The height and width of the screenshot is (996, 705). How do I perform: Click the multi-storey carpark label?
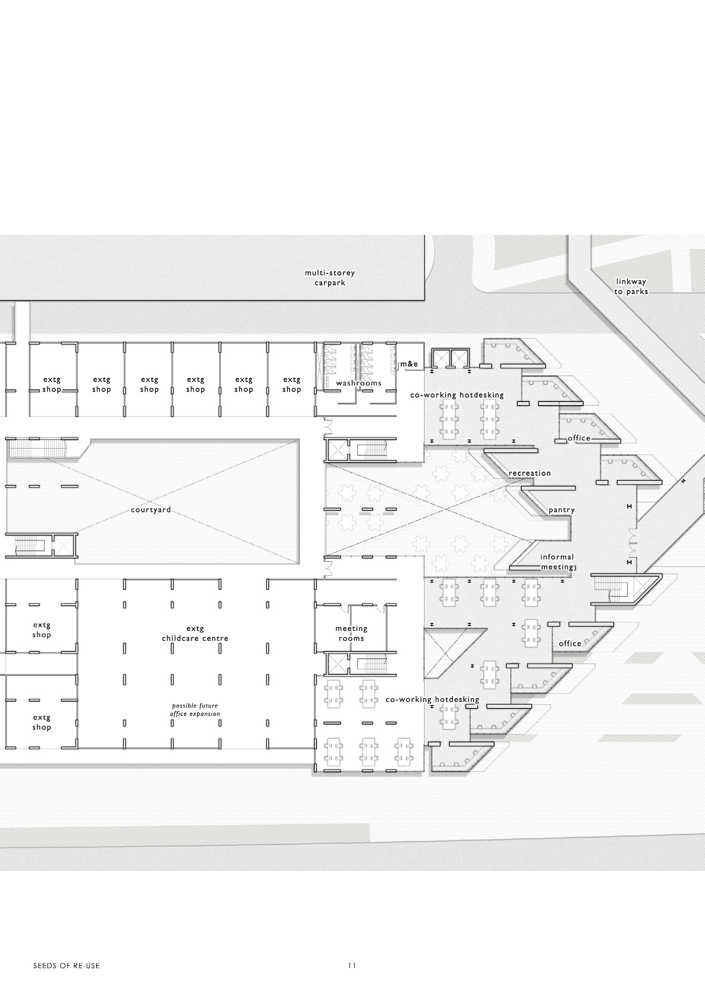[329, 277]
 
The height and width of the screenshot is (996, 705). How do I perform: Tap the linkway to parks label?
[631, 287]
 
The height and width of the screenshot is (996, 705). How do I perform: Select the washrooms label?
[359, 383]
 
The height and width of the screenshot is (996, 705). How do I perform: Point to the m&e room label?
[409, 364]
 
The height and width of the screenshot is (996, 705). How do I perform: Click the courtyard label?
[151, 510]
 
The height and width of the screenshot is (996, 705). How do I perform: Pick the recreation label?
[529, 473]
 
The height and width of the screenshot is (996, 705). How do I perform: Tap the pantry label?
[561, 510]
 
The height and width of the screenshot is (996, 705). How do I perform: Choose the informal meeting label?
[557, 562]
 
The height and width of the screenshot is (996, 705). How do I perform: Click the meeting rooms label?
[351, 633]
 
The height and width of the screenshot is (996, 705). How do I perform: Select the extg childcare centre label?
[195, 633]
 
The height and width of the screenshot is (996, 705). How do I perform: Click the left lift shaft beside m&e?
[440, 359]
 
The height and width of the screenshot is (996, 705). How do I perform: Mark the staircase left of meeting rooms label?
[371, 664]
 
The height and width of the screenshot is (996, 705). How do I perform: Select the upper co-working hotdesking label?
[457, 395]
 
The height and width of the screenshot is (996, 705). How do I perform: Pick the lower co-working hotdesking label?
[432, 700]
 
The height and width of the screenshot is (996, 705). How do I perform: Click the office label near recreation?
[579, 438]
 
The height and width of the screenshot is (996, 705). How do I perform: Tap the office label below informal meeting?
[570, 644]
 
